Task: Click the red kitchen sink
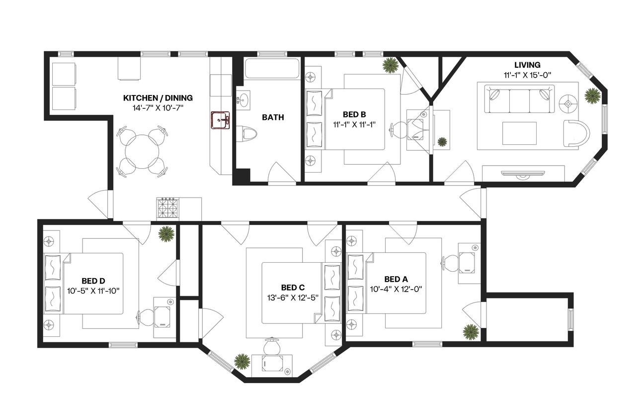point(220,120)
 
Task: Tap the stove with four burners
point(168,208)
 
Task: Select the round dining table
point(142,152)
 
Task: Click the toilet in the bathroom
point(246,134)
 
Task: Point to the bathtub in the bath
point(272,68)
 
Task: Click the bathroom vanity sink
point(243,101)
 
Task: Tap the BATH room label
point(273,117)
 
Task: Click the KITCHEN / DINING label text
point(158,98)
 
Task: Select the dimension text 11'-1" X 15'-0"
point(527,75)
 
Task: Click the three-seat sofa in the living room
point(519,99)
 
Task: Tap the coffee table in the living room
point(519,133)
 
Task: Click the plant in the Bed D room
point(166,234)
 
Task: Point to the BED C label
point(293,288)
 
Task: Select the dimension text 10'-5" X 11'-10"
point(93,291)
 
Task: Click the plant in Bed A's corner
point(471,332)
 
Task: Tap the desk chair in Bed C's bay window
point(272,346)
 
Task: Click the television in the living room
point(523,174)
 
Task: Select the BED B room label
point(354,114)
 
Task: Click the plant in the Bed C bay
point(242,362)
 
